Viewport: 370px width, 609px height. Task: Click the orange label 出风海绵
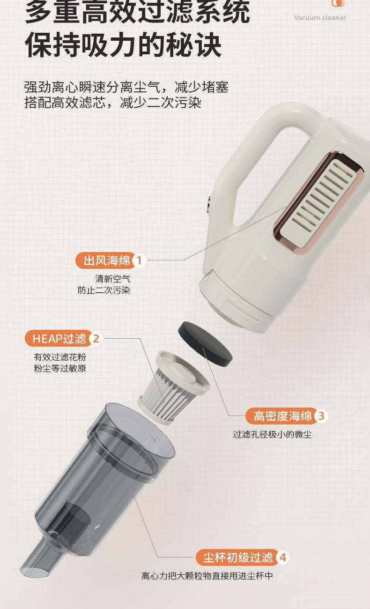(x=106, y=260)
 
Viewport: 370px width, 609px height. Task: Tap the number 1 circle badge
(x=139, y=260)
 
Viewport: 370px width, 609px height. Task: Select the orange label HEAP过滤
(x=59, y=339)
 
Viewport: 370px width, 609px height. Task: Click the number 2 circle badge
(x=96, y=339)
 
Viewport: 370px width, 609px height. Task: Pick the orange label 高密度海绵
(x=282, y=416)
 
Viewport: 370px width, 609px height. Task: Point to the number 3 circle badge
(x=321, y=416)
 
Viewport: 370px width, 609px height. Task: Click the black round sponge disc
(x=205, y=344)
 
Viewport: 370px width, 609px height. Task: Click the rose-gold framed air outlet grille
(x=318, y=200)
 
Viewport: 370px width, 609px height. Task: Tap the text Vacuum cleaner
(x=320, y=18)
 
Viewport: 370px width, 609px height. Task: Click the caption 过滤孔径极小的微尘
(x=272, y=434)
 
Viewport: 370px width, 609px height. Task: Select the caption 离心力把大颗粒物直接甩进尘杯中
(x=207, y=576)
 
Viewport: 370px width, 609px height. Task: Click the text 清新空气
(x=113, y=279)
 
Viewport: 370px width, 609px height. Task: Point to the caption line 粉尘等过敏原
(x=60, y=368)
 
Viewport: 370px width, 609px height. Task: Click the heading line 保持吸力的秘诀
(x=123, y=45)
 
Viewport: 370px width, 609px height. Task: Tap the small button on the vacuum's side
(x=209, y=205)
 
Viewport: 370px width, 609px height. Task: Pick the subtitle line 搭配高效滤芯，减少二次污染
(x=113, y=103)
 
